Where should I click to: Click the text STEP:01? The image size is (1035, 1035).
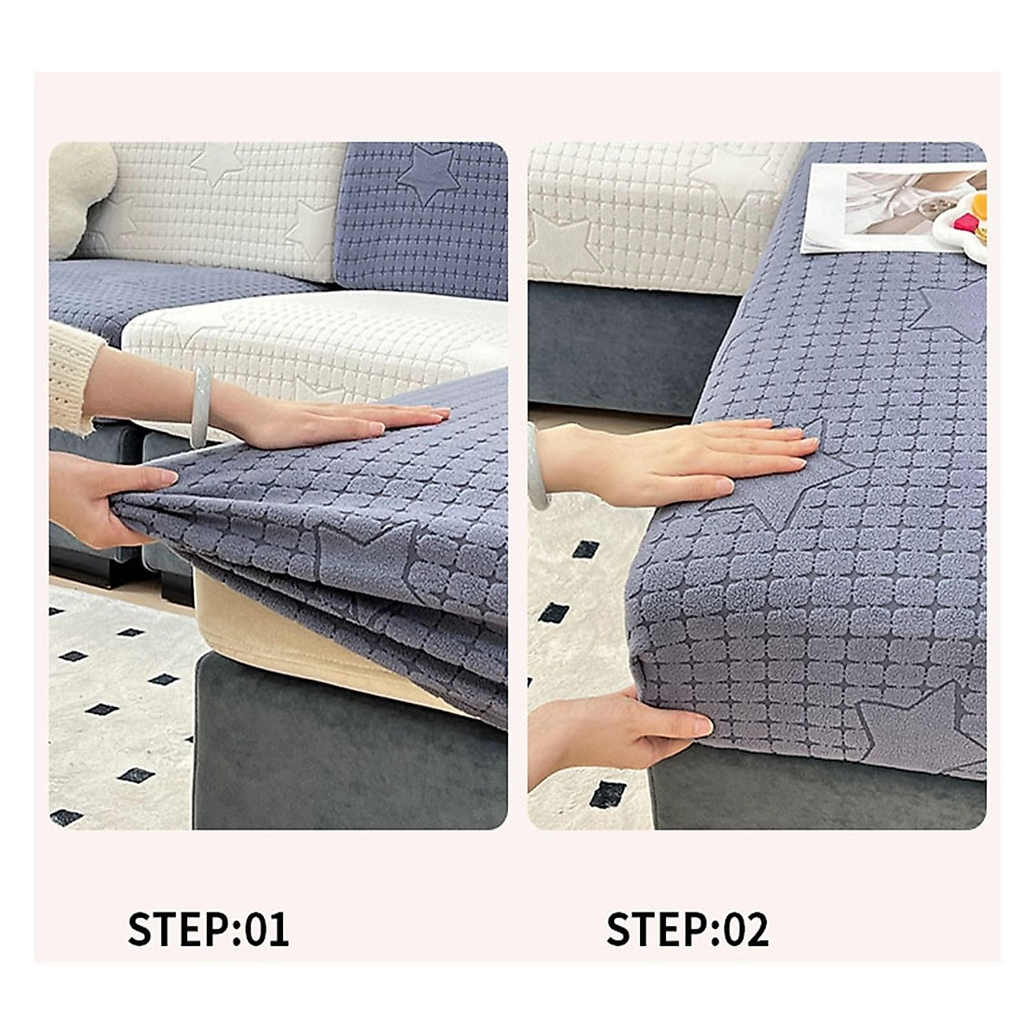point(208,929)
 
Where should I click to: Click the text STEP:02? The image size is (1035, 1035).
point(687,929)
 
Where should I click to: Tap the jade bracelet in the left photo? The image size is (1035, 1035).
point(201,405)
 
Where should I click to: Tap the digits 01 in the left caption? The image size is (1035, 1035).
point(267,929)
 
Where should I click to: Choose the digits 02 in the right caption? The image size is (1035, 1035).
point(745,929)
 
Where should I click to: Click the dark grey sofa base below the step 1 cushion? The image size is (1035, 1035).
point(345,759)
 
